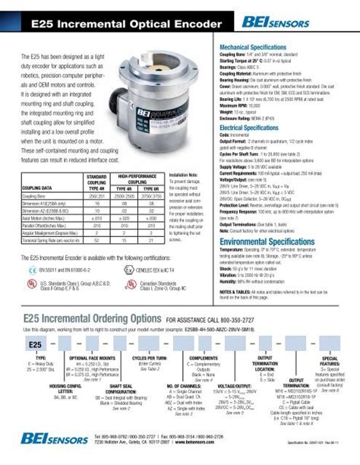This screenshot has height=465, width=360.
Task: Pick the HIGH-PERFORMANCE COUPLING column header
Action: pyautogui.click(x=141, y=179)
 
